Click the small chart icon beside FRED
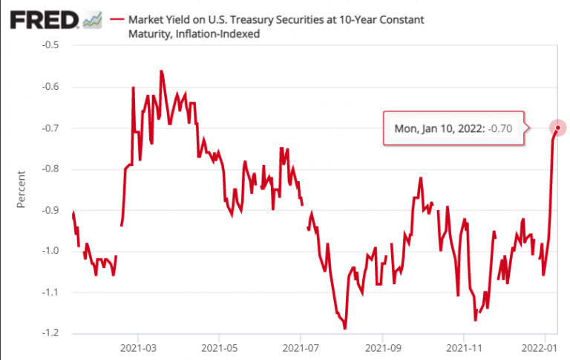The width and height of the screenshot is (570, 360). point(93,20)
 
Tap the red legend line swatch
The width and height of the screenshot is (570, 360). point(117,19)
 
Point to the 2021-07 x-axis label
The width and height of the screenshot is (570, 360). point(301,347)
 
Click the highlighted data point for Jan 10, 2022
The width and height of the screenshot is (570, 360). point(557,128)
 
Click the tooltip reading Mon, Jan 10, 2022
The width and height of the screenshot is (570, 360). point(453,128)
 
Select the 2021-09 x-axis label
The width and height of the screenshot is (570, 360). point(383,347)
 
